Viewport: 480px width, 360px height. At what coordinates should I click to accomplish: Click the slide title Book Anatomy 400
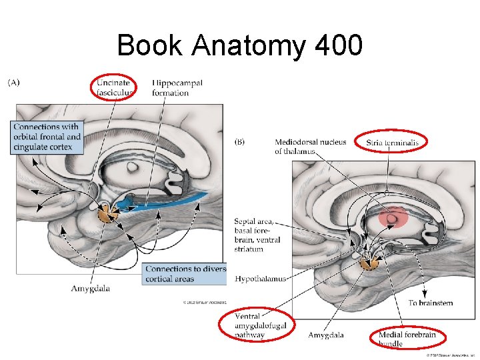(239, 45)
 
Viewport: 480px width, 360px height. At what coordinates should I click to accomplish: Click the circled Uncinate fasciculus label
(114, 87)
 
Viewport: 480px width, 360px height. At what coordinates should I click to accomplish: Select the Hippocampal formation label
(177, 87)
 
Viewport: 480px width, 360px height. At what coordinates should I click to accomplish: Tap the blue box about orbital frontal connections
(47, 137)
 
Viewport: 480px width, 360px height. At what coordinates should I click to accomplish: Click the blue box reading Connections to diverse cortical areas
(185, 273)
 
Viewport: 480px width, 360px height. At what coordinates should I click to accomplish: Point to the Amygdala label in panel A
(91, 289)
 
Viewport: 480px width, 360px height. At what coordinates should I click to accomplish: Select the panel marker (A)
(14, 83)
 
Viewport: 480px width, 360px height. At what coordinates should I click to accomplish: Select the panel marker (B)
(241, 141)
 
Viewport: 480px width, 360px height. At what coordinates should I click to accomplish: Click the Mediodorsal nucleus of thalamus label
(310, 146)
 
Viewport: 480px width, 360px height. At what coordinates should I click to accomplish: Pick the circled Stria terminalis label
(396, 142)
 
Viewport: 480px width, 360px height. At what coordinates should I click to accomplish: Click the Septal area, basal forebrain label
(257, 235)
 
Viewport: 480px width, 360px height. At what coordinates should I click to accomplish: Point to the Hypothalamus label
(261, 279)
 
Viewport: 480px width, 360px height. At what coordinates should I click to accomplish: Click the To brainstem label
(430, 303)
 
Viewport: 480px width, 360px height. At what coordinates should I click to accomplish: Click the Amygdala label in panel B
(325, 335)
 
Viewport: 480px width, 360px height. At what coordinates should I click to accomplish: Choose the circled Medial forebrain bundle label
(407, 339)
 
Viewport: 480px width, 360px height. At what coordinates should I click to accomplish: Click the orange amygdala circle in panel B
(367, 262)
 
